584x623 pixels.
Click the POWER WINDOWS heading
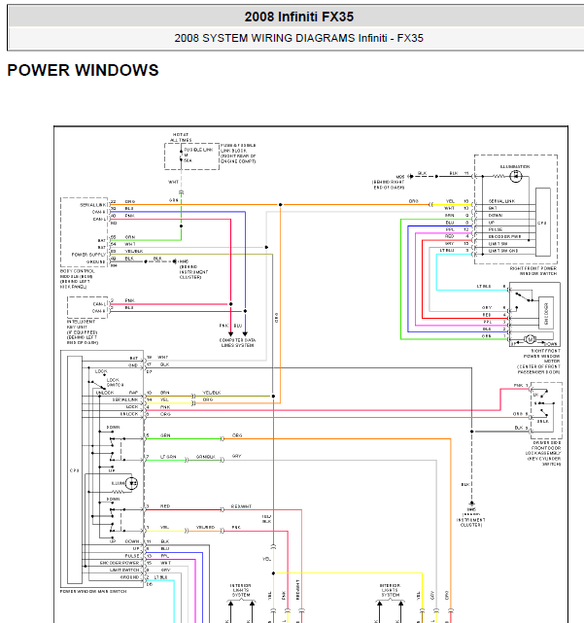[x=83, y=71]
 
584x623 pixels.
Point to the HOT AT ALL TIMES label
[x=182, y=137]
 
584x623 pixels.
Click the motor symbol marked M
[x=531, y=338]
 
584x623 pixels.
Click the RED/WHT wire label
[x=242, y=506]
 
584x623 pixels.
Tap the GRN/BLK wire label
[x=205, y=457]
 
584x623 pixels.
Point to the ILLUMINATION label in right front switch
[x=515, y=166]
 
